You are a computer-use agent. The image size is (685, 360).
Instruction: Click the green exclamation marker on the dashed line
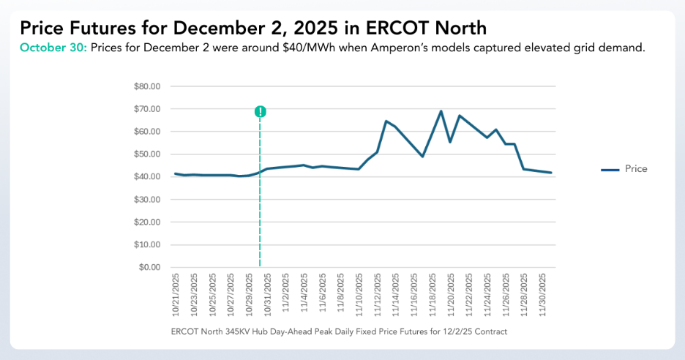pos(260,111)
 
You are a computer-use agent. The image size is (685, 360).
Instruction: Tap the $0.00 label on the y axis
pos(149,268)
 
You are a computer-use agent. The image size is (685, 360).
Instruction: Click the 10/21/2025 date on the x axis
pos(176,294)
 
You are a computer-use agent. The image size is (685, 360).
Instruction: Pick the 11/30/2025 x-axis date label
pos(542,294)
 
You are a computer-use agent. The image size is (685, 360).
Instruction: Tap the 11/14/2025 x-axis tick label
pos(396,294)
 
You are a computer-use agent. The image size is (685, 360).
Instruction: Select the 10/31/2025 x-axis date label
pos(267,294)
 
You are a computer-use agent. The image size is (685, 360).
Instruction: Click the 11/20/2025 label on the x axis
pos(451,294)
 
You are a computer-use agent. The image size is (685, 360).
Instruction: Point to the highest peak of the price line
pos(441,111)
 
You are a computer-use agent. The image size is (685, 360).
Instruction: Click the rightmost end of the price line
pos(551,173)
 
